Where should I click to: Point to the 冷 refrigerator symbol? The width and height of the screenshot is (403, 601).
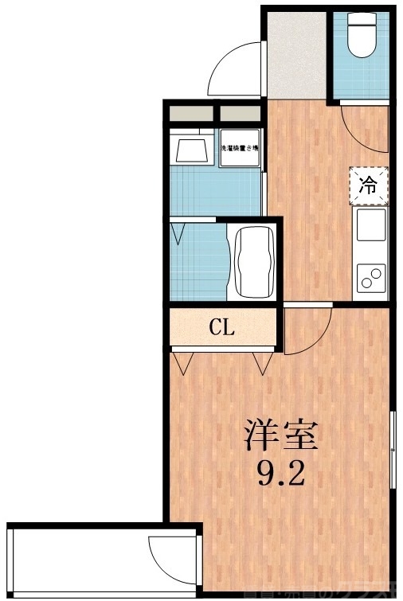click(x=368, y=186)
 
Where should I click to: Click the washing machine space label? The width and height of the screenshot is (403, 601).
click(x=240, y=149)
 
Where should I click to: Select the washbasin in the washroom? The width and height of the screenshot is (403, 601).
click(x=191, y=150)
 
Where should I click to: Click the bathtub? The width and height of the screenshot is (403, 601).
click(x=252, y=262)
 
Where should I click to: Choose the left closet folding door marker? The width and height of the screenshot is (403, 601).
click(x=185, y=363)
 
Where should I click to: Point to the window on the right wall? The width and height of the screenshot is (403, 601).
click(x=393, y=451)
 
